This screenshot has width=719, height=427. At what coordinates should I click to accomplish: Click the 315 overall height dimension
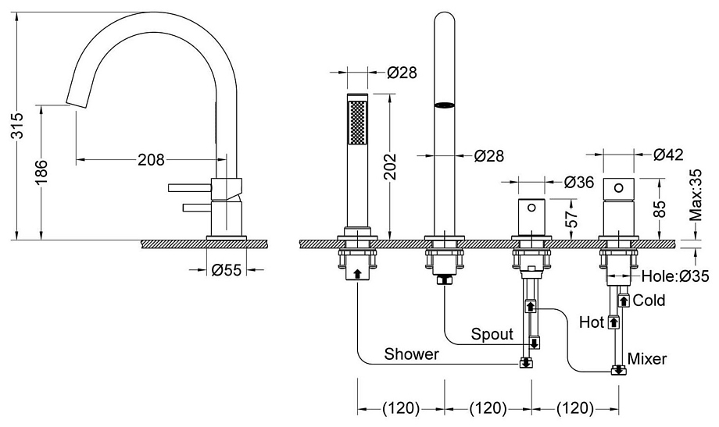pyautogui.click(x=17, y=126)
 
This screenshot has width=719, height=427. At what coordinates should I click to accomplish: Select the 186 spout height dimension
pyautogui.click(x=41, y=173)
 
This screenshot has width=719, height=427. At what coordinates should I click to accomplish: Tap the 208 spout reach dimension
pyautogui.click(x=151, y=159)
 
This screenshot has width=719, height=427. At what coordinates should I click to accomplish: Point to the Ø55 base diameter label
pyautogui.click(x=227, y=269)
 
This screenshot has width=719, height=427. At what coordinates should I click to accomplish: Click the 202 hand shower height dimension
pyautogui.click(x=389, y=166)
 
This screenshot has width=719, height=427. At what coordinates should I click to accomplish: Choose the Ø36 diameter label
pyautogui.click(x=578, y=182)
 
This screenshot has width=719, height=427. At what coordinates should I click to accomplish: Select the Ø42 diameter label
pyautogui.click(x=668, y=155)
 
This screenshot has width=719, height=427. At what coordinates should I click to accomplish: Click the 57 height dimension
pyautogui.click(x=571, y=219)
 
